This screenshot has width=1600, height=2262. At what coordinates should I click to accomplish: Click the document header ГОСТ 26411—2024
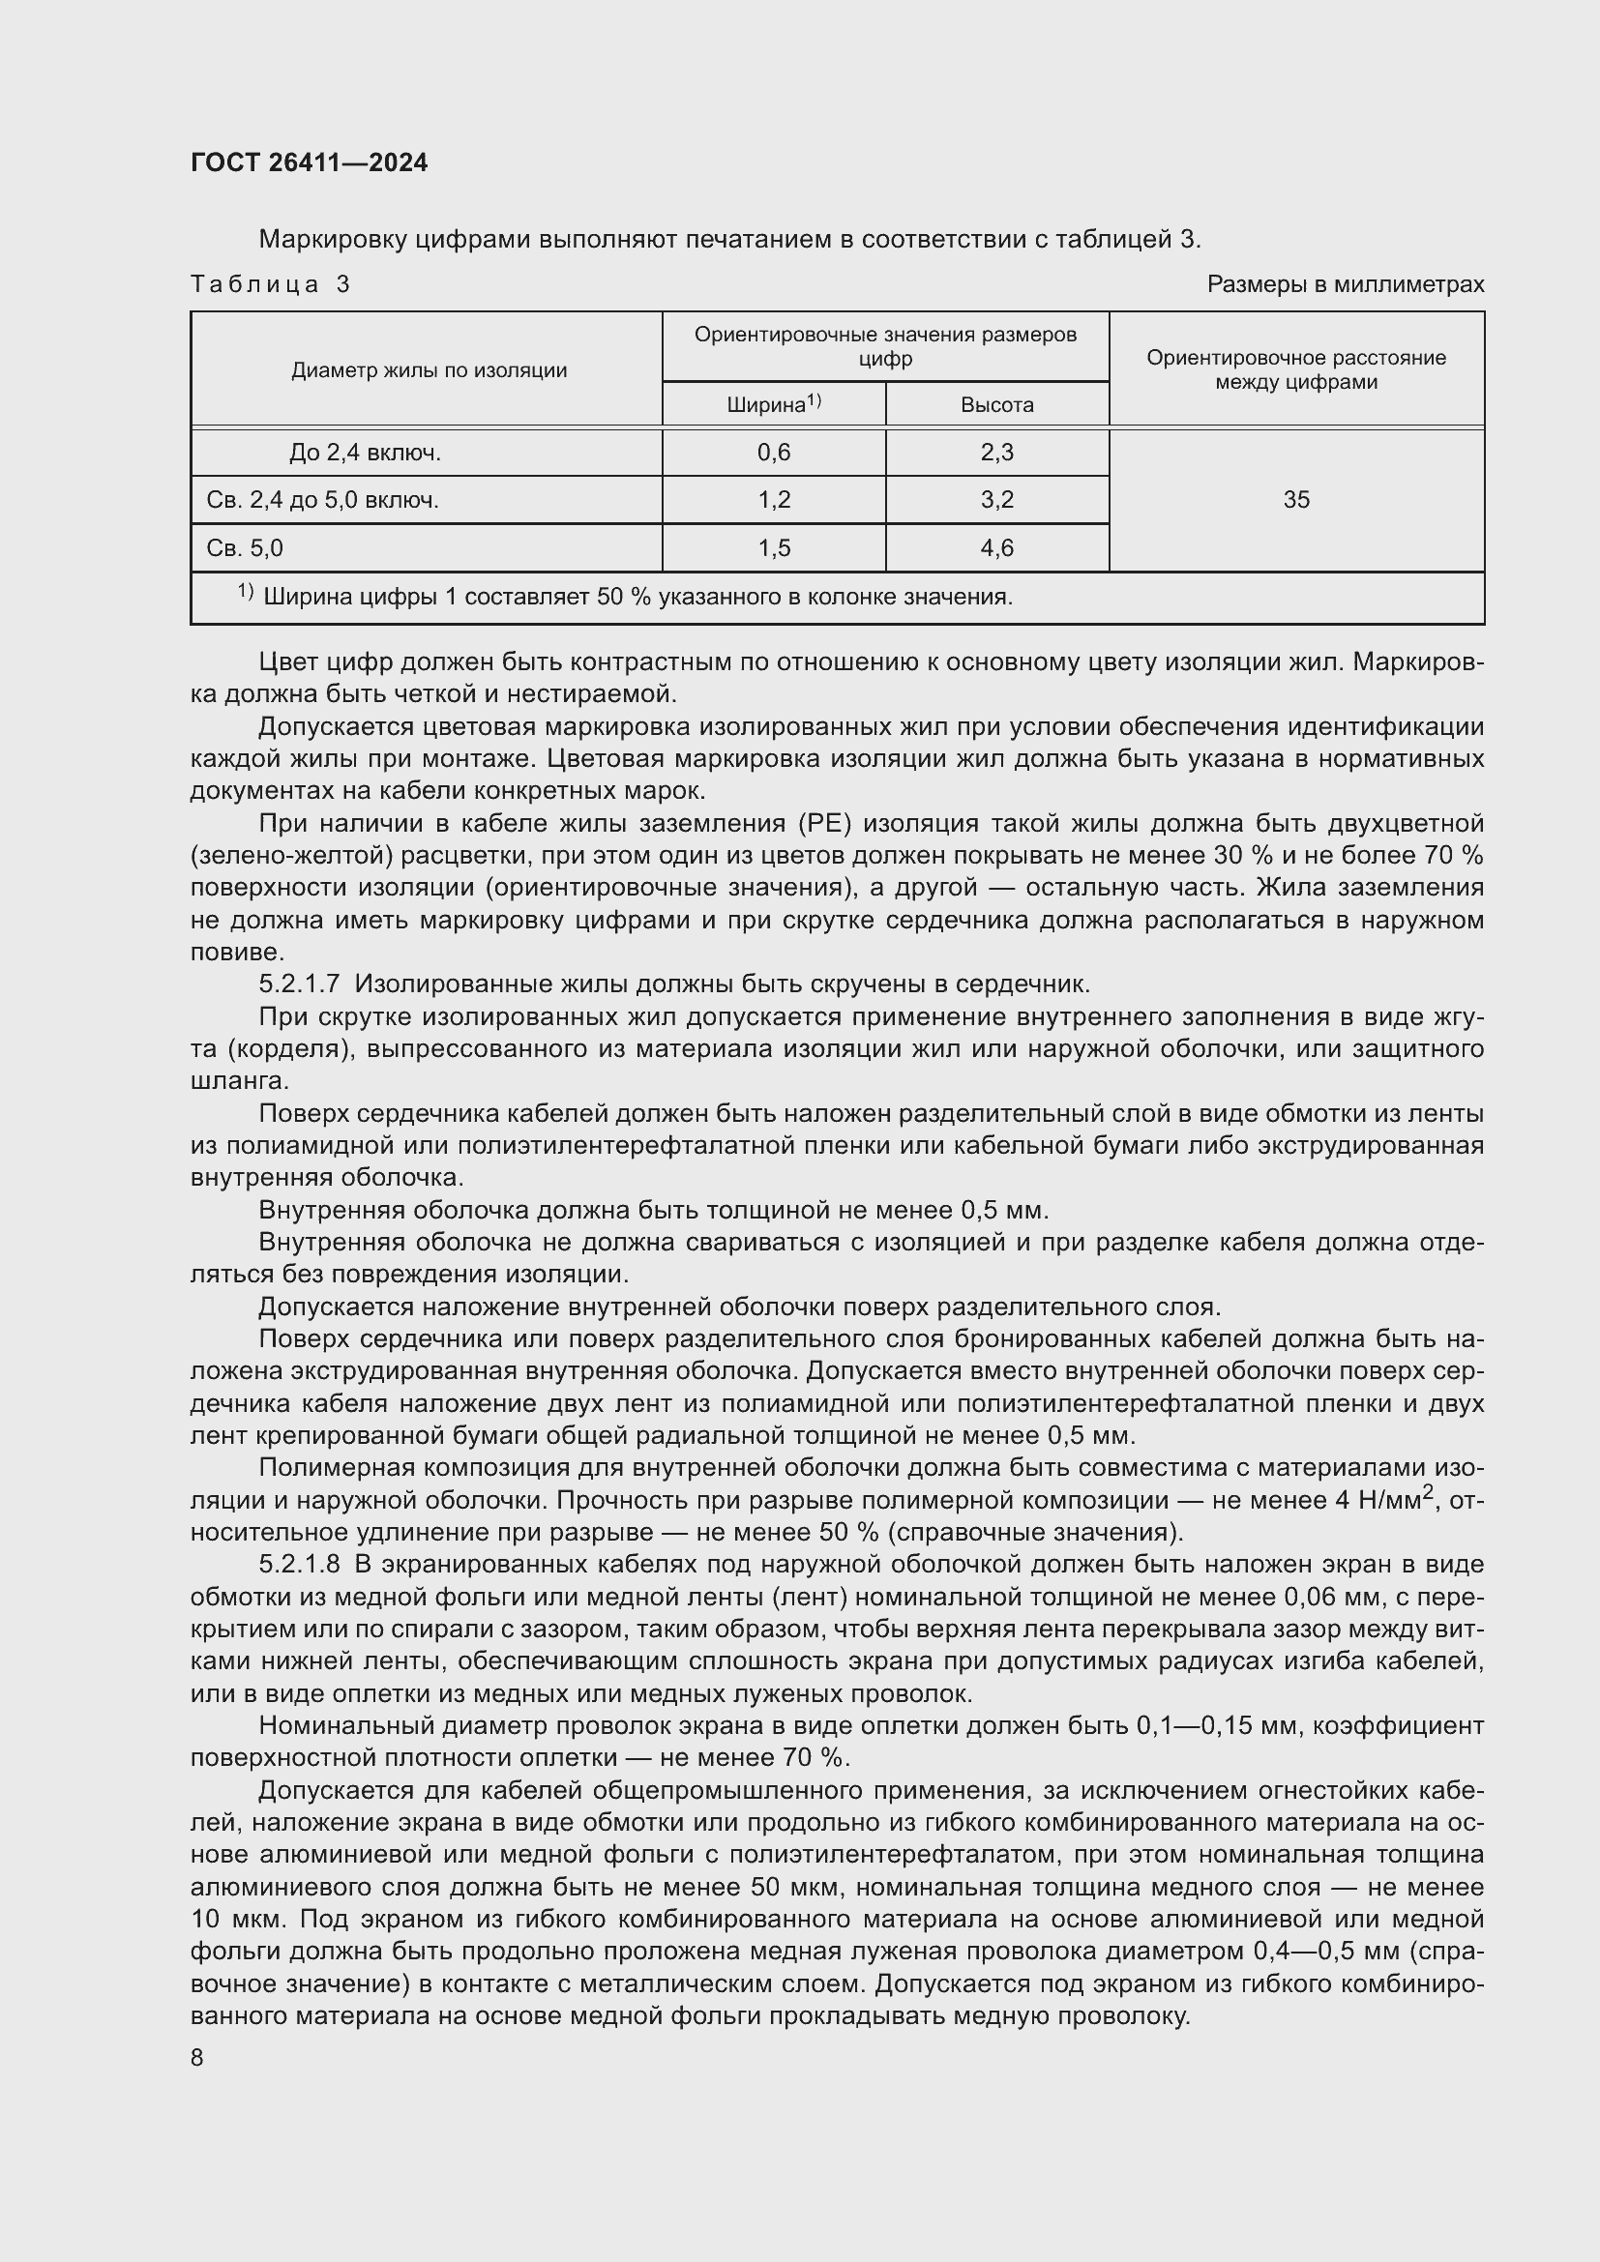309,162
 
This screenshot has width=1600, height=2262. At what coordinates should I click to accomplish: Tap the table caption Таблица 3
270,284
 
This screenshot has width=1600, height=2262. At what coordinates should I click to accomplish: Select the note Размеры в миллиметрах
1345,284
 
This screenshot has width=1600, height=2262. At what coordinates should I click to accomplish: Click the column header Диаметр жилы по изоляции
429,370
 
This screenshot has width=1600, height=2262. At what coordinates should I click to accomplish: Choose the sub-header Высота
997,405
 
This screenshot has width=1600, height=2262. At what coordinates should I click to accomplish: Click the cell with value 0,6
774,453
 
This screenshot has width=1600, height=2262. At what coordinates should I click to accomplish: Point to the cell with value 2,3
997,453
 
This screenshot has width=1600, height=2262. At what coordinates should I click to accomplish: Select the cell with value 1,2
774,499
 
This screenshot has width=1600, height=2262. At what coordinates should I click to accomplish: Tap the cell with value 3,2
997,499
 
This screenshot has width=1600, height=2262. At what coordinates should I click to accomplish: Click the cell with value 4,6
997,547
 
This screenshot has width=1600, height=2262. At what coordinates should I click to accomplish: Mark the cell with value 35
1295,499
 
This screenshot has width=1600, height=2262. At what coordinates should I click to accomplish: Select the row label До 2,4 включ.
365,453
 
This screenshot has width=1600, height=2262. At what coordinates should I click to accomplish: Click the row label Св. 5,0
245,547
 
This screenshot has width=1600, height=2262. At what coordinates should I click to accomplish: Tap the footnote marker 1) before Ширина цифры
246,592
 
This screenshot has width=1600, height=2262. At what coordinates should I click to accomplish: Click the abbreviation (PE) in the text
810,823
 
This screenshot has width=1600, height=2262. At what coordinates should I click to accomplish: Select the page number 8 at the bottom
197,2058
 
